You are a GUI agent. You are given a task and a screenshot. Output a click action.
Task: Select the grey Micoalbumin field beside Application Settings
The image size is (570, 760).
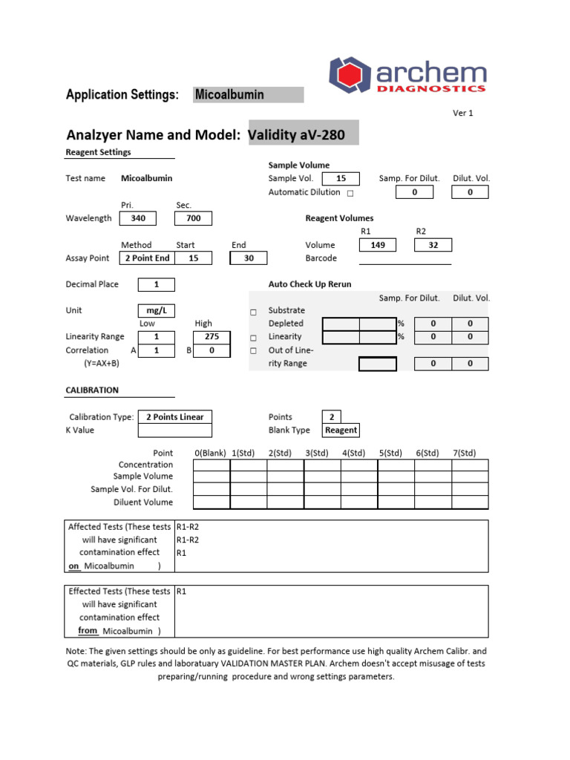(248, 94)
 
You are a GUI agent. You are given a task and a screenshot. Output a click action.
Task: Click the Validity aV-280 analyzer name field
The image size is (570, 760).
(303, 135)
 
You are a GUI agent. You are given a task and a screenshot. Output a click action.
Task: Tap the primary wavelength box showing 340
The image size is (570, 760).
(138, 218)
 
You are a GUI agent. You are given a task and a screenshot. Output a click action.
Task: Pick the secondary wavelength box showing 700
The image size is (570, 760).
(193, 218)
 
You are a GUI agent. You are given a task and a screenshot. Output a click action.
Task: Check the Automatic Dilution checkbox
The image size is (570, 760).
(350, 193)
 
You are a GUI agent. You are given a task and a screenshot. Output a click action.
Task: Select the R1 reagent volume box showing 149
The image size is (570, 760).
(378, 245)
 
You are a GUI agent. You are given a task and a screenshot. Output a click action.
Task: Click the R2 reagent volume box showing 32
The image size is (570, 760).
(433, 245)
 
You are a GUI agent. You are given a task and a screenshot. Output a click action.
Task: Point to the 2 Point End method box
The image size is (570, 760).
(147, 258)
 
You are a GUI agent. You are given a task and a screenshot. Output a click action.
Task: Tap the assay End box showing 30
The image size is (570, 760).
(248, 258)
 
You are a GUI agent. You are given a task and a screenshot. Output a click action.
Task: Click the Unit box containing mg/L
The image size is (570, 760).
(156, 310)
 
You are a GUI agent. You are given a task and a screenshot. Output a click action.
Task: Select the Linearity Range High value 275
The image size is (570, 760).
(212, 337)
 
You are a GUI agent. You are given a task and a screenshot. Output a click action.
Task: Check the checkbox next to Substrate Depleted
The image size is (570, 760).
(253, 311)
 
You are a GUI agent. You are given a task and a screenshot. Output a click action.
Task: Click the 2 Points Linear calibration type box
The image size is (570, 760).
(174, 417)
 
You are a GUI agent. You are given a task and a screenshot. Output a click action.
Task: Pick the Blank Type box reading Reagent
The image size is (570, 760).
(341, 430)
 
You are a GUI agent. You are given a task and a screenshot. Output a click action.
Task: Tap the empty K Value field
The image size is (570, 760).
(174, 430)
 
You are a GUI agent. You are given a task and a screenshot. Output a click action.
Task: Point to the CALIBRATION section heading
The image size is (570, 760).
(92, 390)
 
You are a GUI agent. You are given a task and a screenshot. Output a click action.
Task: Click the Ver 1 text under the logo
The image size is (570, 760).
(462, 113)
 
